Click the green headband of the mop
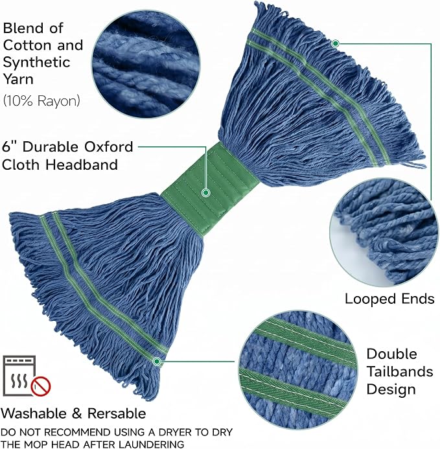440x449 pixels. click(209, 189)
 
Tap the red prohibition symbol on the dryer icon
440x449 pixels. click(41, 387)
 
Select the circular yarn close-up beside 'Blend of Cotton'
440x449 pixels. click(146, 63)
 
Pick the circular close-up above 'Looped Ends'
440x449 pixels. click(384, 232)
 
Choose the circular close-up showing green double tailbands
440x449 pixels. click(298, 369)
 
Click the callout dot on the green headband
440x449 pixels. click(205, 192)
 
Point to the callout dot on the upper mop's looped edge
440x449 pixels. click(336, 43)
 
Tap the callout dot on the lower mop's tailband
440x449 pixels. click(157, 362)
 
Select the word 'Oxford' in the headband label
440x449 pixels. click(109, 146)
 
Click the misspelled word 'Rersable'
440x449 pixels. click(117, 413)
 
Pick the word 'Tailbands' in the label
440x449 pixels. click(400, 372)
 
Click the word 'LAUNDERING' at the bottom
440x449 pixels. click(151, 444)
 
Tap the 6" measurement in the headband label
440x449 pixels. click(10, 146)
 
